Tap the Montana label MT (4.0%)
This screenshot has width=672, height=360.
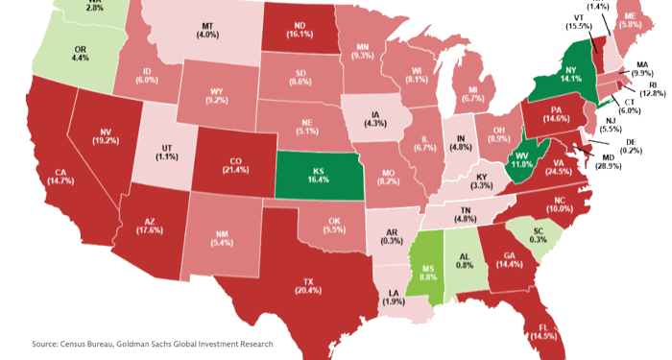[207, 31]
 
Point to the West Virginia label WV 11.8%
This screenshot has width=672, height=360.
[520, 159]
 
